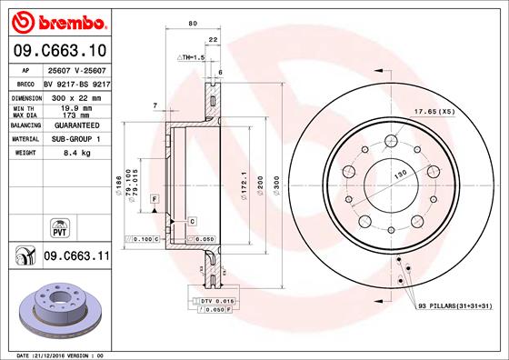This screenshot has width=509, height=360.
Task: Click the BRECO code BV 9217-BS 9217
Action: pos(77,83)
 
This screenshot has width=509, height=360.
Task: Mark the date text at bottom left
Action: pos(62,354)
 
